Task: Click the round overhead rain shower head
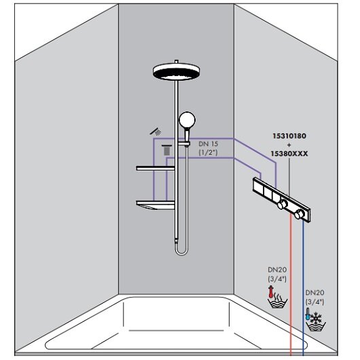point(176,71)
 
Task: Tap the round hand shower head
point(187,120)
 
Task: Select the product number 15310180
point(289,136)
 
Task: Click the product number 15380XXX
point(289,154)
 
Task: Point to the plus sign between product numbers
point(289,145)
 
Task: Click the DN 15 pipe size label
point(209,144)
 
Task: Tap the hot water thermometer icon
point(271,292)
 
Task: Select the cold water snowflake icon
point(316,317)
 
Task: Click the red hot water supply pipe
point(291,285)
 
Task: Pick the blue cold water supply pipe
point(303,288)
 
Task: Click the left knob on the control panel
point(283,204)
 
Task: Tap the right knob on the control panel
point(300,214)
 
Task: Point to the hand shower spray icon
point(156,132)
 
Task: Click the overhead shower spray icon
point(166,150)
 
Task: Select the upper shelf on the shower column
point(156,168)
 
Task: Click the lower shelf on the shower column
point(156,205)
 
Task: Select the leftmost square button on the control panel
point(258,186)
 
